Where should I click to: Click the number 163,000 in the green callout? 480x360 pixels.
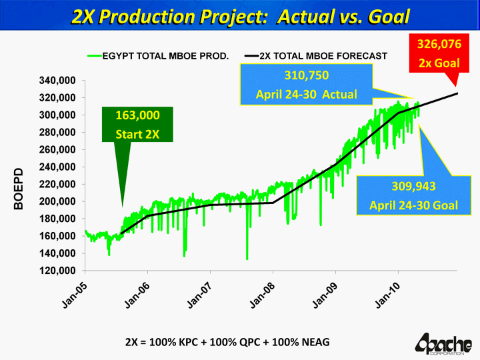click(137, 115)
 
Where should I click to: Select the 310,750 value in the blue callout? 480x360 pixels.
click(307, 75)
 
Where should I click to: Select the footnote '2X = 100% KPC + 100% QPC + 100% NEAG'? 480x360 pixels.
click(227, 342)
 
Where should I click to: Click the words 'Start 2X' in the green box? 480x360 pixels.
click(137, 133)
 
